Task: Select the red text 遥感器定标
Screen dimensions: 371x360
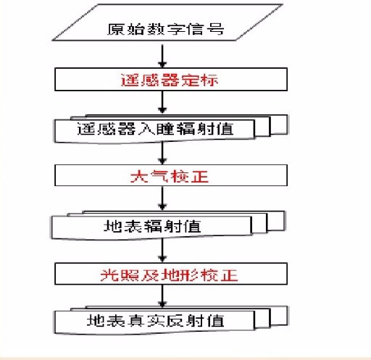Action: click(169, 80)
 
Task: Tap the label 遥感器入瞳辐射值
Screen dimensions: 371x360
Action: click(155, 128)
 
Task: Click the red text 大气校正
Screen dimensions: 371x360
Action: click(169, 176)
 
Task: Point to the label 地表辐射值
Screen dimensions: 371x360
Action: click(152, 226)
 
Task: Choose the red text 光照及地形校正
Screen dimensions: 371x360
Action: click(169, 275)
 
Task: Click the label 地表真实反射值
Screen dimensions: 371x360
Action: click(155, 321)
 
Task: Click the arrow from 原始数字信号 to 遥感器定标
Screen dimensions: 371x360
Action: click(162, 56)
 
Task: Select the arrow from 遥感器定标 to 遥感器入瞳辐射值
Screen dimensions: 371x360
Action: click(162, 102)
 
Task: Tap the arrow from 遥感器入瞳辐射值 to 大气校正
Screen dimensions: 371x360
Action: click(162, 153)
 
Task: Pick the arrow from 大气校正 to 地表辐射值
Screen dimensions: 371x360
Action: click(162, 198)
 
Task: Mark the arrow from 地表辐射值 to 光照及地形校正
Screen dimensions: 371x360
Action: click(162, 250)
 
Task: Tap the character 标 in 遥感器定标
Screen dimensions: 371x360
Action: click(210, 80)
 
